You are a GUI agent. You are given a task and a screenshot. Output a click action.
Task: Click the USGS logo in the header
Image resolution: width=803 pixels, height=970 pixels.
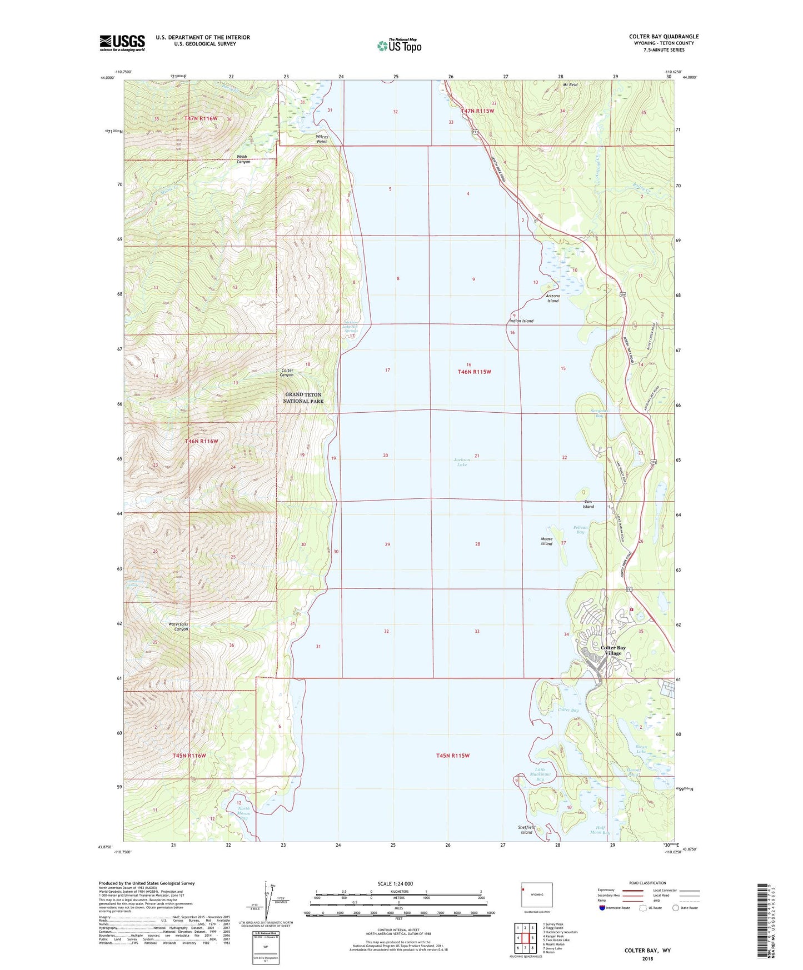[122, 43]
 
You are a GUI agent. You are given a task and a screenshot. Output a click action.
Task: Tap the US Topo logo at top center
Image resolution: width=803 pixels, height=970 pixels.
[399, 45]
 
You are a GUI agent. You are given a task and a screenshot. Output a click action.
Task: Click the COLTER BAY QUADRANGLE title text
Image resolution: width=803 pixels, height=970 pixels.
[664, 37]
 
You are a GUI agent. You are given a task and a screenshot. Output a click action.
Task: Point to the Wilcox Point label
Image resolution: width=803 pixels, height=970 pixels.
[322, 139]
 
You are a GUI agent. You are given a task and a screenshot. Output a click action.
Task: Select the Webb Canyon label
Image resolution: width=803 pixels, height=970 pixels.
[243, 159]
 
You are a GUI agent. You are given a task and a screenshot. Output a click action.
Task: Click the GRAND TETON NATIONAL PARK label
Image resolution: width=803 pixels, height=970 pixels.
[303, 398]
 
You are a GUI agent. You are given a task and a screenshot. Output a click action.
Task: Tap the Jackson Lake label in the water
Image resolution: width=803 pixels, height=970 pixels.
[462, 462]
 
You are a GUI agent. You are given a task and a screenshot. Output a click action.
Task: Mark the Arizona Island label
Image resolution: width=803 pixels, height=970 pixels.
[552, 298]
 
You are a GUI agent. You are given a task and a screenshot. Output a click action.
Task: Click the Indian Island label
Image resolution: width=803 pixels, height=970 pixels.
[521, 321]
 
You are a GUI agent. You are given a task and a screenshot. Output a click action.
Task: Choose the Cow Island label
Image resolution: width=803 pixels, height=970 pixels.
[588, 504]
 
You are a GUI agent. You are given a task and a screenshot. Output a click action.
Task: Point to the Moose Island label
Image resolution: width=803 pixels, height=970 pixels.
[546, 541]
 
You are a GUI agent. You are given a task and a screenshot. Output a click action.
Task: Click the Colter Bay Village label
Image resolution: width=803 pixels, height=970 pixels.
[613, 651]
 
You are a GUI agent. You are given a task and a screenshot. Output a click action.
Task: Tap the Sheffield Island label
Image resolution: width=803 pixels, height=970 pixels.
[526, 829]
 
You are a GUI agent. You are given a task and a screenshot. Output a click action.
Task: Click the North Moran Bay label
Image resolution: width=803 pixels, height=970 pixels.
[243, 814]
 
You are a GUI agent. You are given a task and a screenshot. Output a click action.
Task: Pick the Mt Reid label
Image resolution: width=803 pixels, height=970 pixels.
[570, 85]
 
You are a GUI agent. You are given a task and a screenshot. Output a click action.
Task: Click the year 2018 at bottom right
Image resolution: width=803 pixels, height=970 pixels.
[647, 958]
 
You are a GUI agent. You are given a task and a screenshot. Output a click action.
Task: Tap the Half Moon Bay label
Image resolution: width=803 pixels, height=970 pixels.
[600, 830]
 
